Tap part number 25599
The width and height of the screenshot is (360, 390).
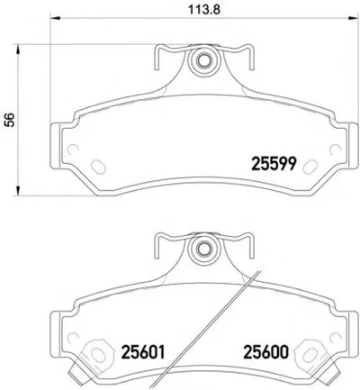pyautogui.click(x=274, y=164)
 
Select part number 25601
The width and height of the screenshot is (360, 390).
pyautogui.click(x=143, y=352)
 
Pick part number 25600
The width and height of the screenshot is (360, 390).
pyautogui.click(x=265, y=352)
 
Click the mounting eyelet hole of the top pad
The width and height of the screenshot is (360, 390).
pyautogui.click(x=203, y=60)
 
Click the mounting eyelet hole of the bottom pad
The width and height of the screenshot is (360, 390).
pyautogui.click(x=203, y=248)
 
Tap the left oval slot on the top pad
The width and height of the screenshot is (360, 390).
pyautogui.click(x=98, y=166)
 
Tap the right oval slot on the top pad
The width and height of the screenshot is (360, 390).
pyautogui.click(x=310, y=166)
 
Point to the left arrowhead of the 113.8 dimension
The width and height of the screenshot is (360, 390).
pyautogui.click(x=55, y=18)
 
